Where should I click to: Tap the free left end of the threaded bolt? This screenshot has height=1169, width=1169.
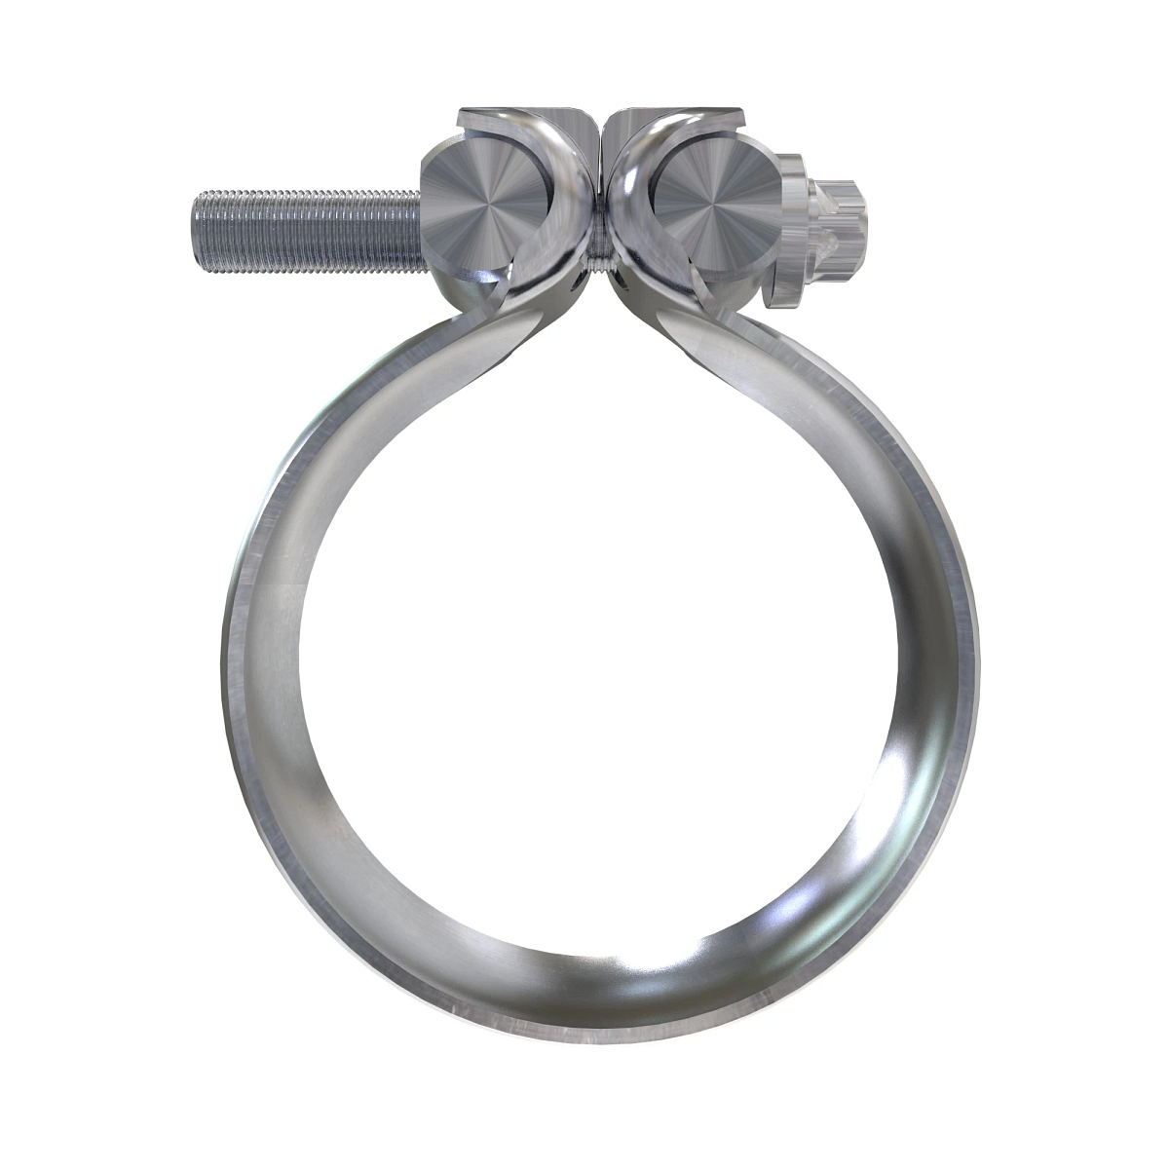(x=197, y=231)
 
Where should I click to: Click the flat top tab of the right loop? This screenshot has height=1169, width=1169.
(x=672, y=121)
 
